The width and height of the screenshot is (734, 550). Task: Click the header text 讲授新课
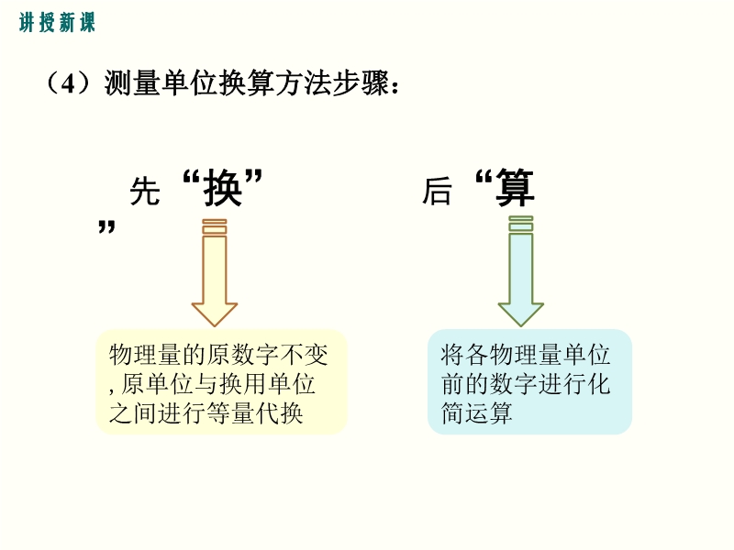click(57, 22)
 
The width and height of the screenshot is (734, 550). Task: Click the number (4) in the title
click(68, 83)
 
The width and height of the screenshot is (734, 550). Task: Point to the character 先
click(145, 191)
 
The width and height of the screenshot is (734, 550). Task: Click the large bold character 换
click(222, 188)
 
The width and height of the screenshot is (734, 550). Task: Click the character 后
click(437, 191)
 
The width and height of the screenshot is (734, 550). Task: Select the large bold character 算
click(515, 187)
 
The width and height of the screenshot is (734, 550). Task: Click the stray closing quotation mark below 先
click(106, 226)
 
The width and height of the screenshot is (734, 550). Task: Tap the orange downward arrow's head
click(215, 313)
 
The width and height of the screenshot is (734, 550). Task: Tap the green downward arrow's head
click(520, 313)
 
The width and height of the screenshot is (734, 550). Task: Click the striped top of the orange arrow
click(215, 225)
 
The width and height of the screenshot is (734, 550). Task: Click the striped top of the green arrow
click(520, 224)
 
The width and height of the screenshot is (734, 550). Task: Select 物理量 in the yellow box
click(146, 355)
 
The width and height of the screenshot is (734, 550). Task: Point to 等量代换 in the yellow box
click(254, 413)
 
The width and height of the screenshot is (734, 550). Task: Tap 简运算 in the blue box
click(476, 413)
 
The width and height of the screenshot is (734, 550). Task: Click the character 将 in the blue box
click(452, 355)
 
